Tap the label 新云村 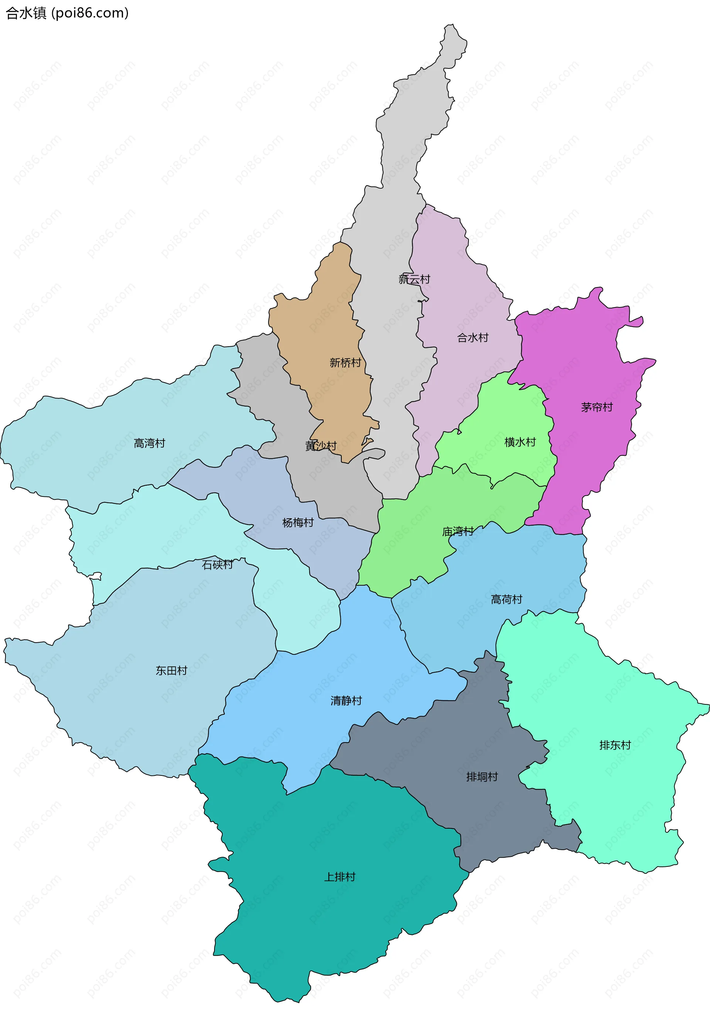(x=414, y=279)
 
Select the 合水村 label (x=473, y=338)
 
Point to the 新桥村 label (x=345, y=363)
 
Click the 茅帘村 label (x=597, y=407)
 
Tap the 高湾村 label (x=149, y=443)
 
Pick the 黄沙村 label (x=321, y=445)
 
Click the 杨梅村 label (x=298, y=522)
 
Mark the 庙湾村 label (x=458, y=531)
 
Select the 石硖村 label (x=217, y=565)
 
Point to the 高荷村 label (x=506, y=599)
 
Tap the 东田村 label (x=171, y=671)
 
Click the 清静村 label (x=346, y=701)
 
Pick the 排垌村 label (x=482, y=777)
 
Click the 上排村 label (x=340, y=876)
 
